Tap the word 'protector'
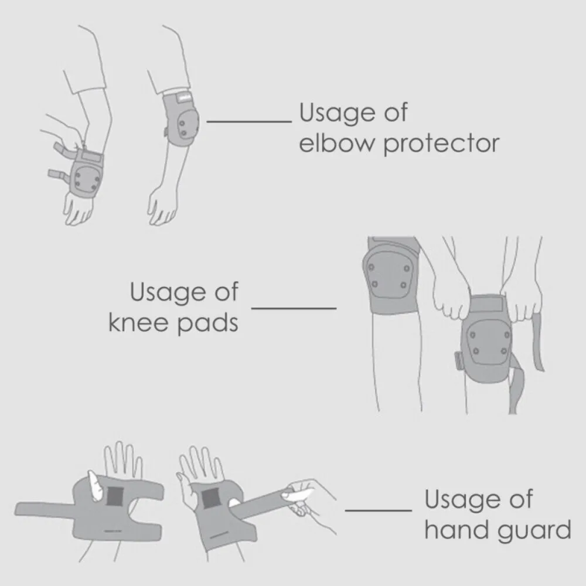point(441,144)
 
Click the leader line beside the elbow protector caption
point(250,121)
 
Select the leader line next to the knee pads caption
point(294,307)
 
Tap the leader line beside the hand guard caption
point(379,510)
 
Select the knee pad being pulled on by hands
point(485,340)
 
